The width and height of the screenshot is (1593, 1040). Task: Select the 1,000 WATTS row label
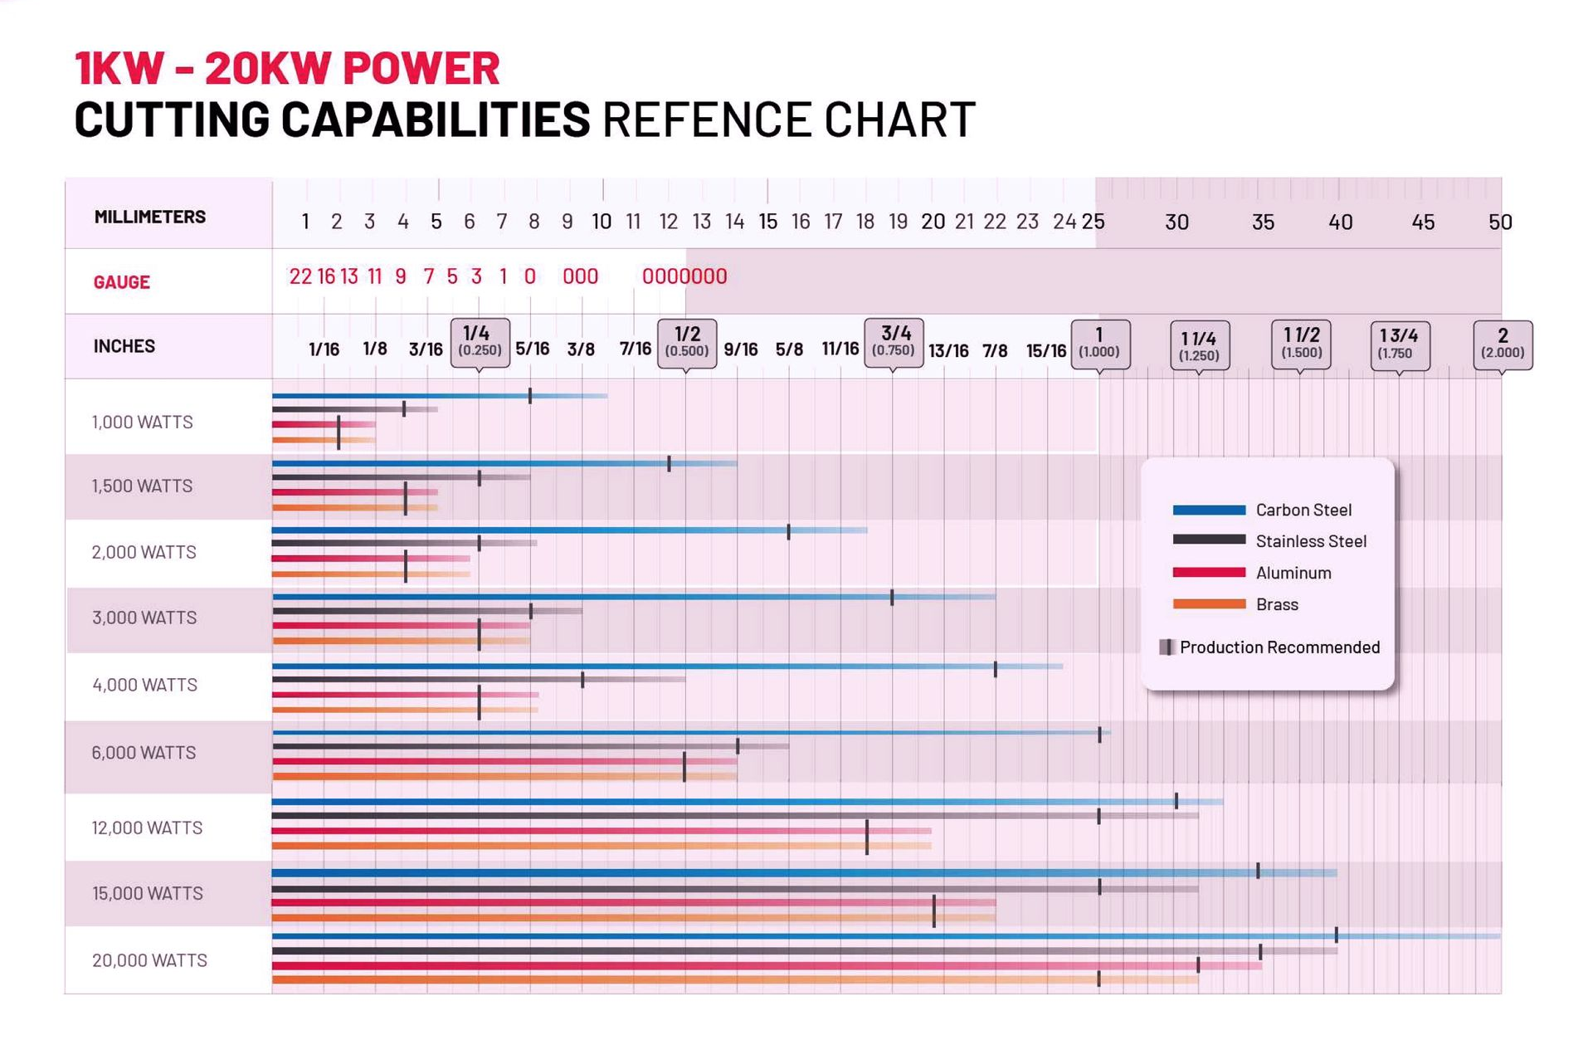point(142,422)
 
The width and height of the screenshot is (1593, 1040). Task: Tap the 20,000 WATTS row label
point(149,960)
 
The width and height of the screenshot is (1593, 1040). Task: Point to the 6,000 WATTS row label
point(144,753)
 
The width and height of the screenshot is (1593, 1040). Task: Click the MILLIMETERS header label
point(149,217)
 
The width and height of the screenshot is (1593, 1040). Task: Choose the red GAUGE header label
point(121,282)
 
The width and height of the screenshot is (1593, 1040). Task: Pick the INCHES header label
point(124,346)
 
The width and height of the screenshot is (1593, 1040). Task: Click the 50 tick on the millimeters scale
point(1499,222)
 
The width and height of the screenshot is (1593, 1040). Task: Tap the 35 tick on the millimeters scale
point(1262,222)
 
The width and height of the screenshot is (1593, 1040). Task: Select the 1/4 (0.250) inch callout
point(480,342)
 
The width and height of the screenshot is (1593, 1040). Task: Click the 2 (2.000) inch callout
point(1503,344)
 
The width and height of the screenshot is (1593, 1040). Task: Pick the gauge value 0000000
point(684,276)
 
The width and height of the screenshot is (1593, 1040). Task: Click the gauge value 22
point(300,276)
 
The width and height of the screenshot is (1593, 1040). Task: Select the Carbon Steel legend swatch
point(1209,510)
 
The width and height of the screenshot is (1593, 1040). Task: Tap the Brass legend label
point(1277,605)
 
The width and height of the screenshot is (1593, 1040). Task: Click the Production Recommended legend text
point(1279,647)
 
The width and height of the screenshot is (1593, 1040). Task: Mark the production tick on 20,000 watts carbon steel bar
point(1336,935)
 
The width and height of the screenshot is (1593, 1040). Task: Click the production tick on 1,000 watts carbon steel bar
point(530,396)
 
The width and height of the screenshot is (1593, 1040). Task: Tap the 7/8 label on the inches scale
point(995,351)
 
